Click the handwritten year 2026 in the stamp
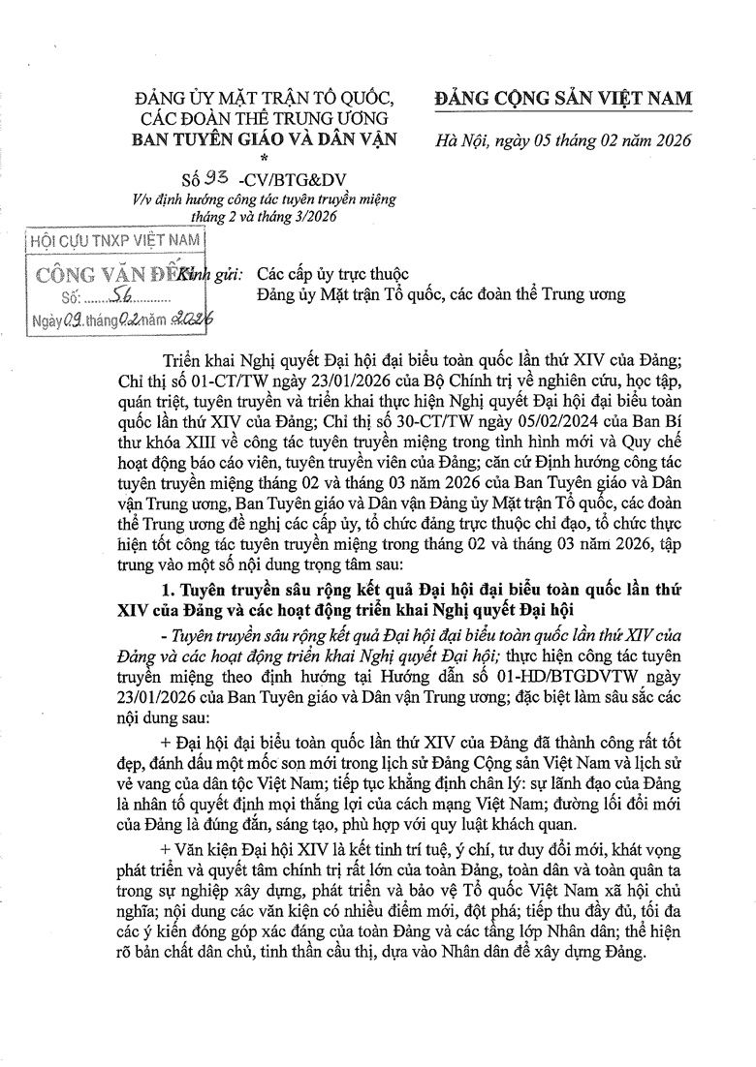(x=193, y=320)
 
